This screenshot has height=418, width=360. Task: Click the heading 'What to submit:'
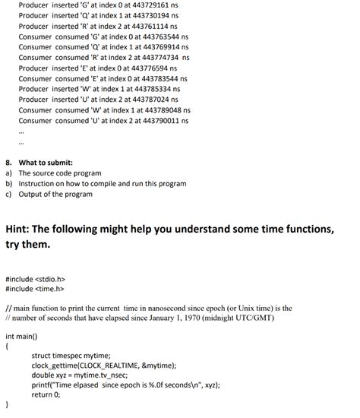(46, 163)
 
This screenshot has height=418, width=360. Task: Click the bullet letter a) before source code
(8, 173)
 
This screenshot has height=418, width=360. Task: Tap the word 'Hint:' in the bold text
(24, 230)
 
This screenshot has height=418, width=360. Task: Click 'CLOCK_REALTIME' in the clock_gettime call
(110, 365)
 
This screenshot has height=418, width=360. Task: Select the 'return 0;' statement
(46, 394)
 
